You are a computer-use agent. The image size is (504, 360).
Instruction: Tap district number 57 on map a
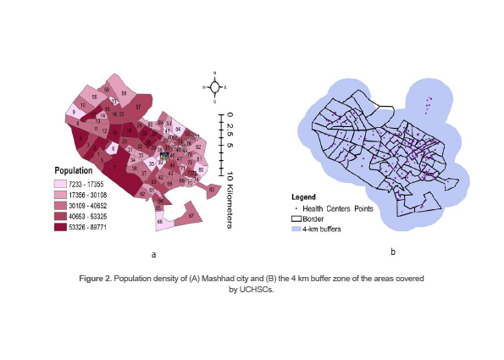138,108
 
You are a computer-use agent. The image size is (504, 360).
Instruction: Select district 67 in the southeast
191,217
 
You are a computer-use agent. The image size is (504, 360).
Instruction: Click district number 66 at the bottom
160,223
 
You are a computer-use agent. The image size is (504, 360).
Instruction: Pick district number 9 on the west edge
75,113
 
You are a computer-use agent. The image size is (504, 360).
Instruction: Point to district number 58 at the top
124,92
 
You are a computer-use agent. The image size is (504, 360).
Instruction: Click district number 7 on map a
116,168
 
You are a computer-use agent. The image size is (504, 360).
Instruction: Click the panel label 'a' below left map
153,252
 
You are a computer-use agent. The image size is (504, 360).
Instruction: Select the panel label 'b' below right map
392,251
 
